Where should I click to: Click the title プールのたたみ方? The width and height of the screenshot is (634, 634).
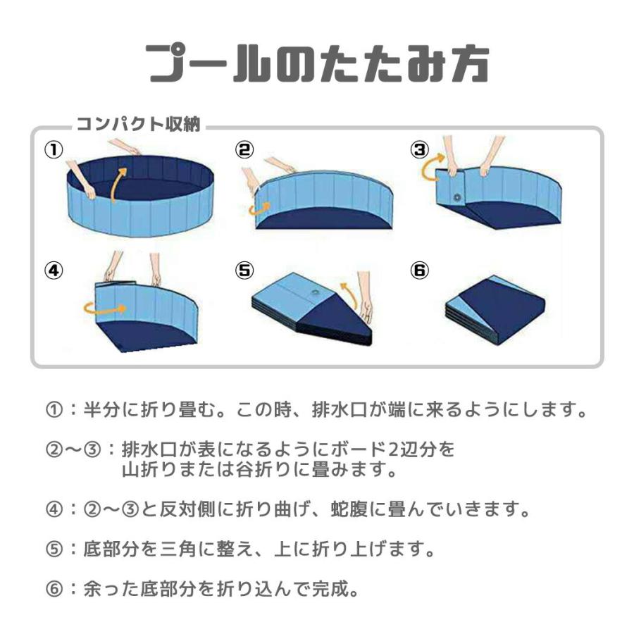[x=317, y=65]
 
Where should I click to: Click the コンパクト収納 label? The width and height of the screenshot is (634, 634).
[x=139, y=125]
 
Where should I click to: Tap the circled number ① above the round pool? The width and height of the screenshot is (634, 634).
[x=54, y=149]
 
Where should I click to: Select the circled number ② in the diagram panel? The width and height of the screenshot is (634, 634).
[x=244, y=149]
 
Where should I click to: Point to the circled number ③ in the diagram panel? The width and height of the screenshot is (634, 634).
[x=421, y=149]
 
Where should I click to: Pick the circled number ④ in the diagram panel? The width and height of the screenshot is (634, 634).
[x=54, y=271]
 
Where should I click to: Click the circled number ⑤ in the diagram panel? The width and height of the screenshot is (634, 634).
[x=244, y=271]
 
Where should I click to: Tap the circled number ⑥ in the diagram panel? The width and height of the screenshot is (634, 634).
[x=421, y=271]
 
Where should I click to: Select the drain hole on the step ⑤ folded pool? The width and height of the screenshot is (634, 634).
[x=313, y=292]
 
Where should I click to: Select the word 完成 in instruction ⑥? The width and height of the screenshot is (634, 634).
[x=332, y=588]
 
